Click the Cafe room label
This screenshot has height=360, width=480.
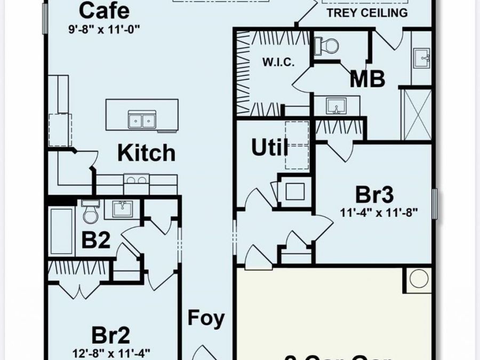point(103,10)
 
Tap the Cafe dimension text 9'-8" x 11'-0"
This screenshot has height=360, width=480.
point(104,30)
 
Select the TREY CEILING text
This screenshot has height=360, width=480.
point(366,12)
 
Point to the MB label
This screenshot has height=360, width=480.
point(367,79)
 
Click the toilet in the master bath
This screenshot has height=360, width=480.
point(326,46)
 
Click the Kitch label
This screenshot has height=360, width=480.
point(146,153)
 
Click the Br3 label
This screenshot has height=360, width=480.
point(375,195)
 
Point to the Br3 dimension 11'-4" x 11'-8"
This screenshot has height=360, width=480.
point(379,212)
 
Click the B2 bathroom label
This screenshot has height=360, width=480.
point(96,240)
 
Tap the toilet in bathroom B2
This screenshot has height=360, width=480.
point(90,212)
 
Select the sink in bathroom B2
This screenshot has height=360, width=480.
point(122,209)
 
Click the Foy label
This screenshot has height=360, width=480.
point(206,318)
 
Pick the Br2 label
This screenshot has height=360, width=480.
point(110,335)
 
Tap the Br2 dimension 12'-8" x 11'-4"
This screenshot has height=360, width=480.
point(111,352)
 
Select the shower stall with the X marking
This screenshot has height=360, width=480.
point(415,114)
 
